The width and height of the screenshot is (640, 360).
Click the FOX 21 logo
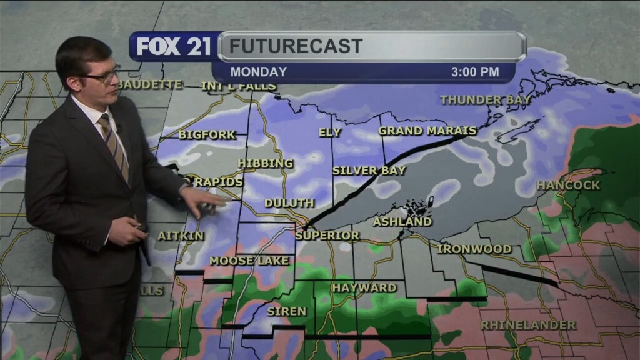pos(174,46)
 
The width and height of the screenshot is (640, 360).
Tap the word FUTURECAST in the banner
pos(296,46)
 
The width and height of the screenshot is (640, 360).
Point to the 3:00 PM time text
pos(475,72)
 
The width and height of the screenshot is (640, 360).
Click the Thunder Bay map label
pos(486,100)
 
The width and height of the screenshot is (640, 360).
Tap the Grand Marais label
pos(427,131)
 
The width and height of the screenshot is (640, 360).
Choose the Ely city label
pos(330,132)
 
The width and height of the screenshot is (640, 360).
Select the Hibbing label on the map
pos(266,163)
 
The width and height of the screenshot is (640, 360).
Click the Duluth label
pos(289,203)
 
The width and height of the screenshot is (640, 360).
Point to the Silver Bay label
pos(369,170)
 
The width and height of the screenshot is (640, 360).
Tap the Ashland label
pos(402,222)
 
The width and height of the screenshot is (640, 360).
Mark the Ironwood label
pos(474,249)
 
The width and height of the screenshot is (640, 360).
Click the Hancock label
pos(568,185)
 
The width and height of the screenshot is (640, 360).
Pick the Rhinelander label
pos(528,326)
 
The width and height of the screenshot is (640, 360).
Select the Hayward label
pos(364,288)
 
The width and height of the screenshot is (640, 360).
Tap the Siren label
pos(287,311)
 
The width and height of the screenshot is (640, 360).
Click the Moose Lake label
pos(249,261)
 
